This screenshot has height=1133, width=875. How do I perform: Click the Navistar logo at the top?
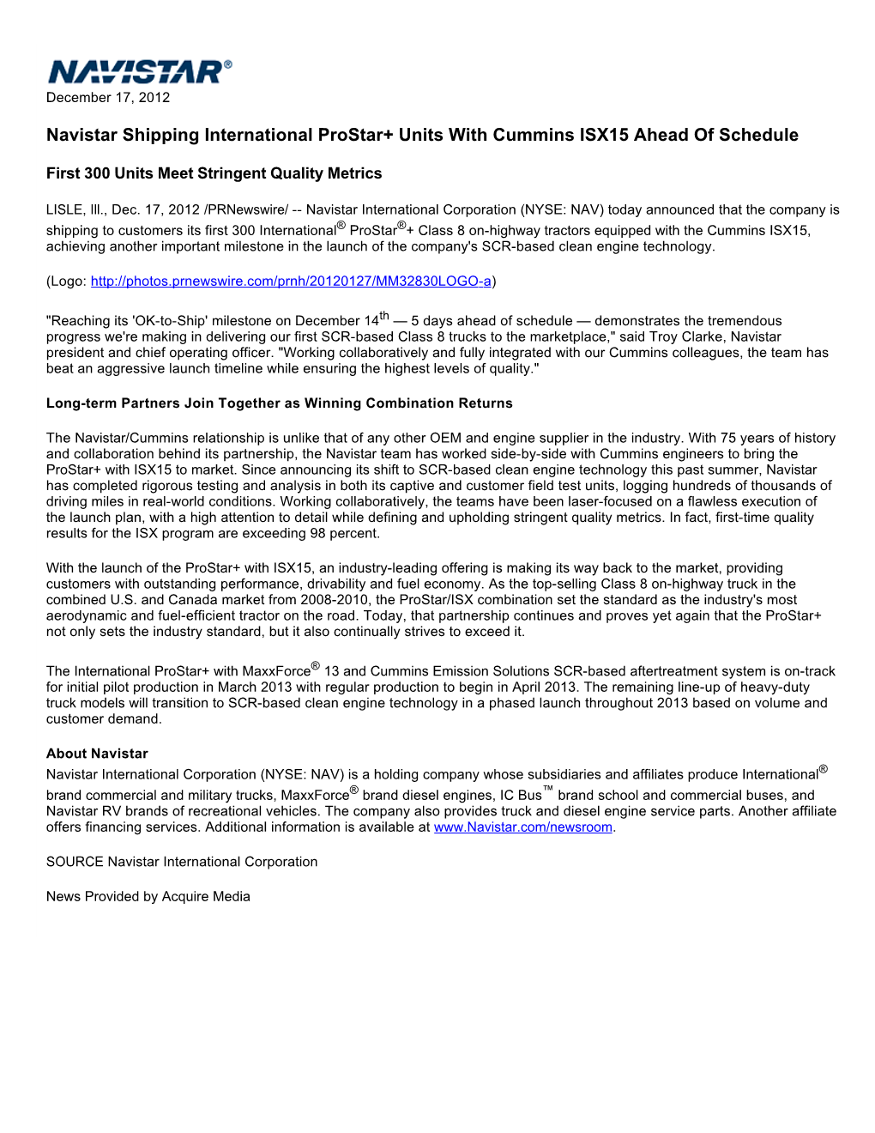[139, 71]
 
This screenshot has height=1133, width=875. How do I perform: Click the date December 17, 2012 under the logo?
[108, 98]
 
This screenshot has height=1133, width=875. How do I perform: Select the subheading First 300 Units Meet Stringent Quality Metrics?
[214, 173]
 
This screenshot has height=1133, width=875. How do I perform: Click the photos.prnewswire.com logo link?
[291, 282]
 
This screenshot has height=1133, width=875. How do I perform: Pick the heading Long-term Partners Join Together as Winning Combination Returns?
[279, 403]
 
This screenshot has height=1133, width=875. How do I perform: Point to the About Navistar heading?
[97, 754]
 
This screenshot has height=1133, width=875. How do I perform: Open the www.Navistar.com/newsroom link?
[522, 827]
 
